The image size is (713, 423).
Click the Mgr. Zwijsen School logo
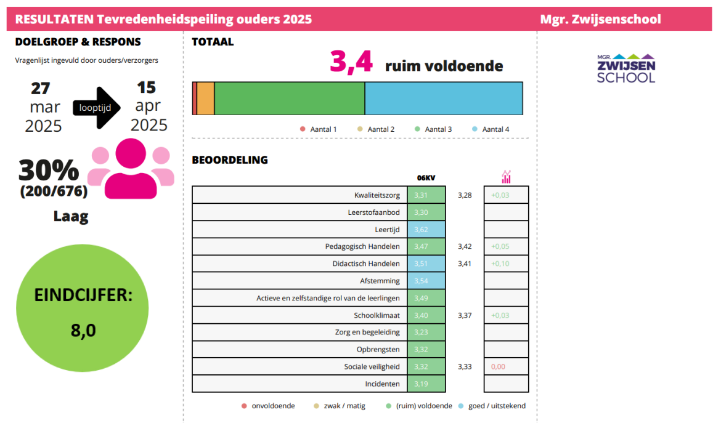pos(626,68)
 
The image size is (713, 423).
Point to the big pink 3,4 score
pos(351,63)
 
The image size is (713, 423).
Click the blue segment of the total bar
pos(444,98)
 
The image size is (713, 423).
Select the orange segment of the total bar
pos(206,98)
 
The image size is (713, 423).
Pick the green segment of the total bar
pos(290,98)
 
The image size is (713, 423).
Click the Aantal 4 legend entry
pos(491,129)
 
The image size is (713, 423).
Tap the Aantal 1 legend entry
pos(319,129)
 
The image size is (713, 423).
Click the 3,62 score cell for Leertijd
pos(426,230)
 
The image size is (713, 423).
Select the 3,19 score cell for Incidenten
pos(426,384)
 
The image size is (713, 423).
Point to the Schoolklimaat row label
pos(377,315)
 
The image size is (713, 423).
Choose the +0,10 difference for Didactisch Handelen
pos(500,264)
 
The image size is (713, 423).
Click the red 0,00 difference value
pos(498,366)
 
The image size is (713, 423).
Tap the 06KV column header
pos(426,178)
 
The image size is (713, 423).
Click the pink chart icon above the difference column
pos(506,177)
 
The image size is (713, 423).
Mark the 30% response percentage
pos(49,171)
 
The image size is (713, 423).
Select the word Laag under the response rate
pos(71,217)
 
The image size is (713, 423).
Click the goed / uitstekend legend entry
pos(492,406)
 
